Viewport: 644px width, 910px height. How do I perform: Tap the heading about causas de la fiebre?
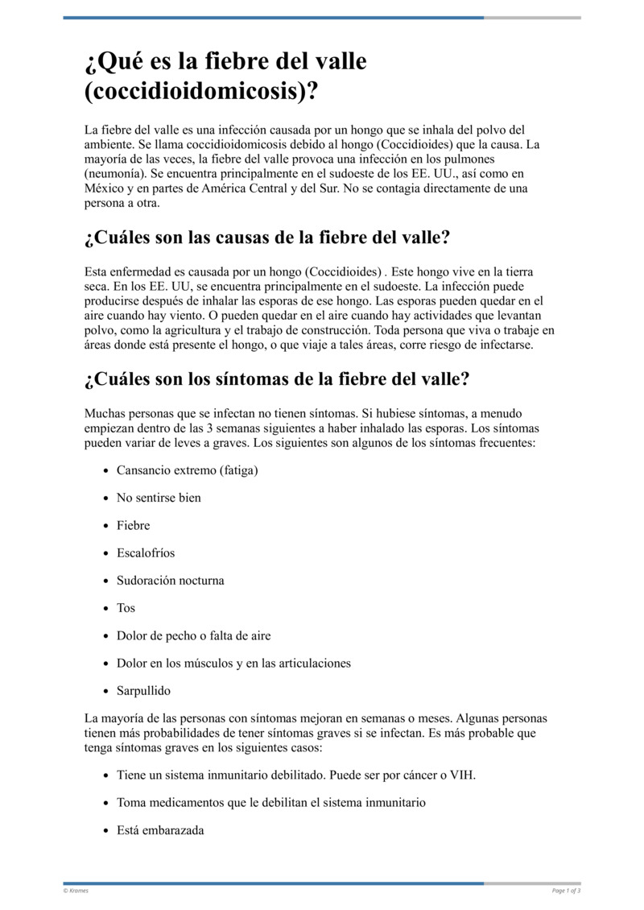click(x=266, y=238)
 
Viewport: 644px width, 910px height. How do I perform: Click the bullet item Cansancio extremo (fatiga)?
click(x=187, y=469)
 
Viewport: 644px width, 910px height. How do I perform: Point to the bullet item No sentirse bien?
click(x=159, y=498)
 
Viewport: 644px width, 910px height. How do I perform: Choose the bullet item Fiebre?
click(x=134, y=525)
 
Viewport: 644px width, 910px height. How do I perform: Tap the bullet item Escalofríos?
click(x=146, y=552)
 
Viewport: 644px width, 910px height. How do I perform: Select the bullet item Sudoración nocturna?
click(x=171, y=580)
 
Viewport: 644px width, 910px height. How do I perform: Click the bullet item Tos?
click(x=126, y=608)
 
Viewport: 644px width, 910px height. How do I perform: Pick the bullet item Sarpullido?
click(x=143, y=690)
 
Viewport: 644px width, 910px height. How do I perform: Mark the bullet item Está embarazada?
click(x=160, y=829)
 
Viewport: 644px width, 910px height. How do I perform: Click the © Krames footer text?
click(x=76, y=891)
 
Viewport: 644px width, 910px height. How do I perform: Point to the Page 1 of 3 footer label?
click(x=566, y=891)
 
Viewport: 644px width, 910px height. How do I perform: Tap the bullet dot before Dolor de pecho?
click(x=107, y=636)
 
